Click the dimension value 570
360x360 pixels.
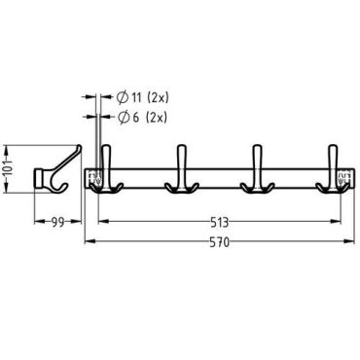pyautogui.click(x=219, y=242)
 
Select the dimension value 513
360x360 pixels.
pyautogui.click(x=219, y=223)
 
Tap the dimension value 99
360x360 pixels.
pyautogui.click(x=57, y=222)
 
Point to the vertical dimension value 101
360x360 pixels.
pyautogui.click(x=7, y=170)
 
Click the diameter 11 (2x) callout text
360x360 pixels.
pyautogui.click(x=143, y=97)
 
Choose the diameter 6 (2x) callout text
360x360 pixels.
pyautogui.click(x=142, y=118)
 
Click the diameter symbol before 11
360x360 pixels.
pyautogui.click(x=123, y=97)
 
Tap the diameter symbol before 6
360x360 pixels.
pyautogui.click(x=124, y=118)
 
